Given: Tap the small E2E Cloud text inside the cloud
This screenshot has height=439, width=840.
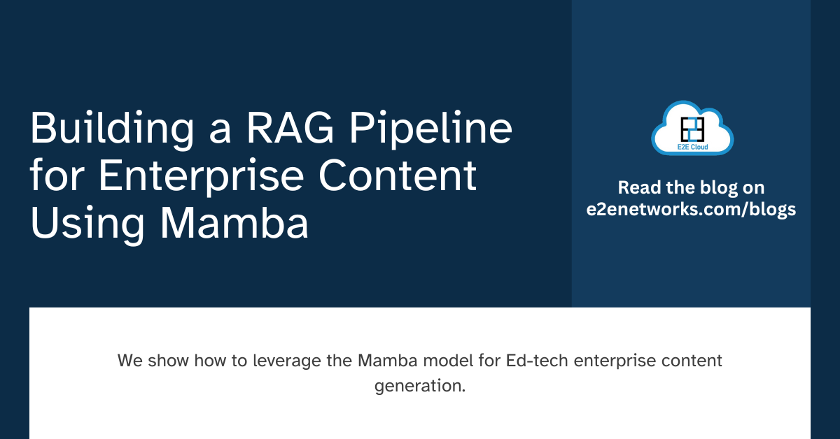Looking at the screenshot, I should click(692, 146).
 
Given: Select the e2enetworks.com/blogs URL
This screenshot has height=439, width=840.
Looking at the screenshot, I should click(691, 210).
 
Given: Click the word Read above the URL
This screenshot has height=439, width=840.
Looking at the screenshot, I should click(636, 187).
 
